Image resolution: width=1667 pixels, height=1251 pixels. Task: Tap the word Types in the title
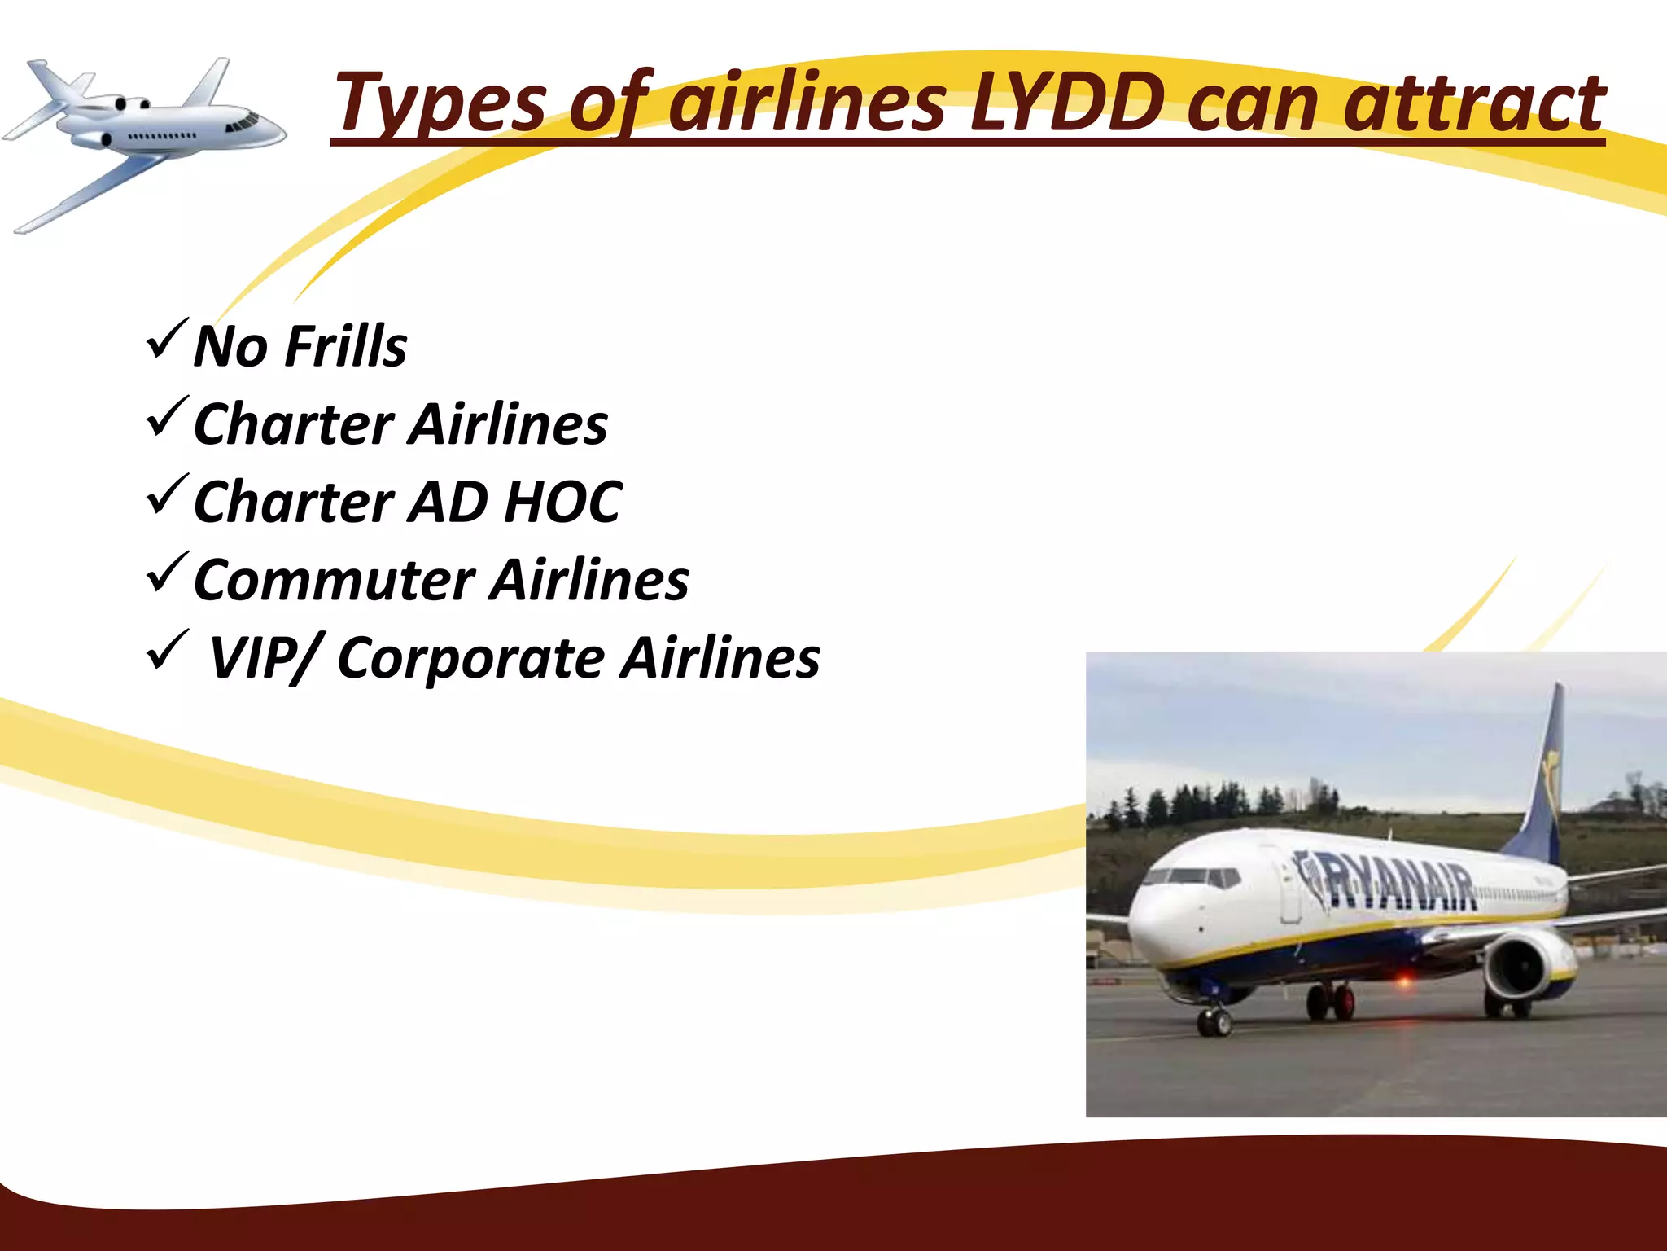click(x=440, y=104)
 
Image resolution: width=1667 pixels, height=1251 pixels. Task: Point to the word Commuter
click(x=334, y=581)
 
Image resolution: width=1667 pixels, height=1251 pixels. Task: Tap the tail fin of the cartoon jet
click(x=208, y=81)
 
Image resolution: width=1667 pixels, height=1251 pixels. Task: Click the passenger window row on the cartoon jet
click(x=163, y=135)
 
